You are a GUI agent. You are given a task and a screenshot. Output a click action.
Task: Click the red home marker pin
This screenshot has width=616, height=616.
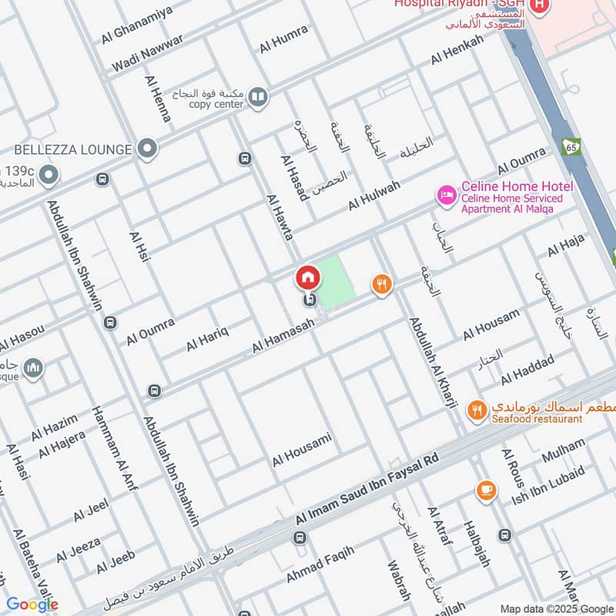[308, 277]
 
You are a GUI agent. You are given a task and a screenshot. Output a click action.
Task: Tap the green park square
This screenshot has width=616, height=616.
[337, 281]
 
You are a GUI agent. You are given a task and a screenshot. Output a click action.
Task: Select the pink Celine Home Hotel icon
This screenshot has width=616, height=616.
[446, 196]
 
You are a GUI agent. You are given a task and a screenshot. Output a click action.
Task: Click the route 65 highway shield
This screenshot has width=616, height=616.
[571, 146]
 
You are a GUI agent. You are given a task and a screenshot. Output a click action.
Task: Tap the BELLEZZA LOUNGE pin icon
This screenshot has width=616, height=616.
[146, 148]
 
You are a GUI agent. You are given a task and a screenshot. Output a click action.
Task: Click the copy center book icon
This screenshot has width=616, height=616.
[259, 97]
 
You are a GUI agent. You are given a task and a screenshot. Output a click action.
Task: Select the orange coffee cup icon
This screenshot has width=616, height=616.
[486, 490]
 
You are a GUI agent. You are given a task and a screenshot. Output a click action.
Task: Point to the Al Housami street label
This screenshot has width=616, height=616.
[302, 450]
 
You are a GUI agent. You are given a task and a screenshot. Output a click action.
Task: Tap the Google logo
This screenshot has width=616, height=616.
[32, 604]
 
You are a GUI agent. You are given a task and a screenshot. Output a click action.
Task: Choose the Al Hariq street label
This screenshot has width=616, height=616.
[208, 340]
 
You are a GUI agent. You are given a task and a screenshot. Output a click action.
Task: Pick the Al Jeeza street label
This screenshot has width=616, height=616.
[78, 550]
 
